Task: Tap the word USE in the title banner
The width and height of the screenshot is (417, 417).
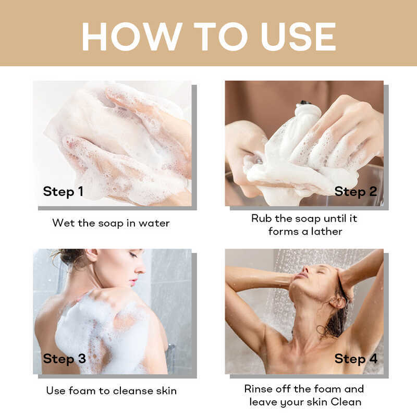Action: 298,36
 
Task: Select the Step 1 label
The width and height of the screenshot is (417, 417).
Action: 63,192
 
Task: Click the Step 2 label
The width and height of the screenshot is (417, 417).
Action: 355,192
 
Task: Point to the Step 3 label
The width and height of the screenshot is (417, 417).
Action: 64,359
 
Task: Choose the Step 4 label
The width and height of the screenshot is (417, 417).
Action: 356,359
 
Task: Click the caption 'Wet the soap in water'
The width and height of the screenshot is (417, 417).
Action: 111,223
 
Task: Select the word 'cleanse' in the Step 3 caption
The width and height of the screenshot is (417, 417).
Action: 133,390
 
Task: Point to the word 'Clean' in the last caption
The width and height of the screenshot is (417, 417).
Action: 346,402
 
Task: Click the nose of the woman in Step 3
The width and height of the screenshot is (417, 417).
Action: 141,268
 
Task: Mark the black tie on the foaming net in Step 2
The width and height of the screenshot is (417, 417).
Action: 305,103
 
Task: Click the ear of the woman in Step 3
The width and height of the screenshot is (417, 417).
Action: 92,255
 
